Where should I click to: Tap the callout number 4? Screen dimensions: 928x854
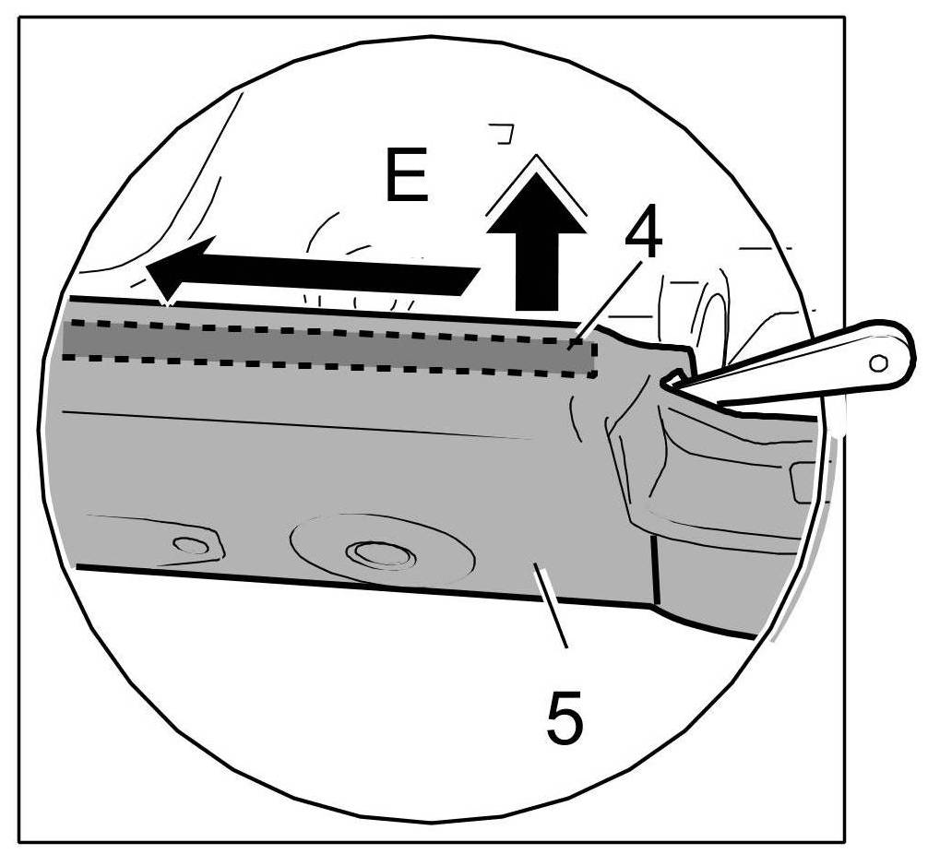click(643, 237)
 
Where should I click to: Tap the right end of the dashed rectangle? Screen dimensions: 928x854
click(593, 358)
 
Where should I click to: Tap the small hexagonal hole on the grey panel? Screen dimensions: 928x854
click(192, 545)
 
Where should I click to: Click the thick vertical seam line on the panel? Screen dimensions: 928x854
click(653, 572)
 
